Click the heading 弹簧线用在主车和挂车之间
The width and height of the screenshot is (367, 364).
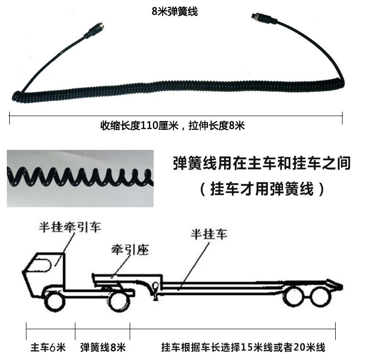(x=262, y=163)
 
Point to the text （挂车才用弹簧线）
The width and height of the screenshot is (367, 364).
(x=262, y=189)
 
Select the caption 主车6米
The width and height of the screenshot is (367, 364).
(x=48, y=348)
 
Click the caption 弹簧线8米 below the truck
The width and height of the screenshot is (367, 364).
(x=103, y=348)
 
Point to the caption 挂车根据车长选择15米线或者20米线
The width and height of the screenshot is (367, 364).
(x=243, y=348)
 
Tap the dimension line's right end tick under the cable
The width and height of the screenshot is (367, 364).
(x=342, y=116)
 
